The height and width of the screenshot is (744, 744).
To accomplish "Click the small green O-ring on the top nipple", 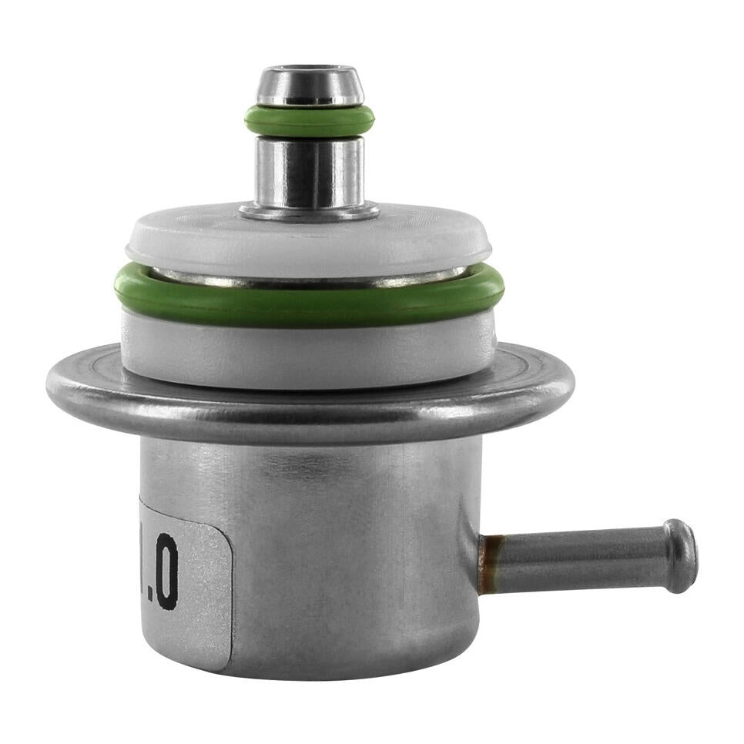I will coord(310,121).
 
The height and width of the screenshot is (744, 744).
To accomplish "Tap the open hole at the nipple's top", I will coord(310,71).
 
